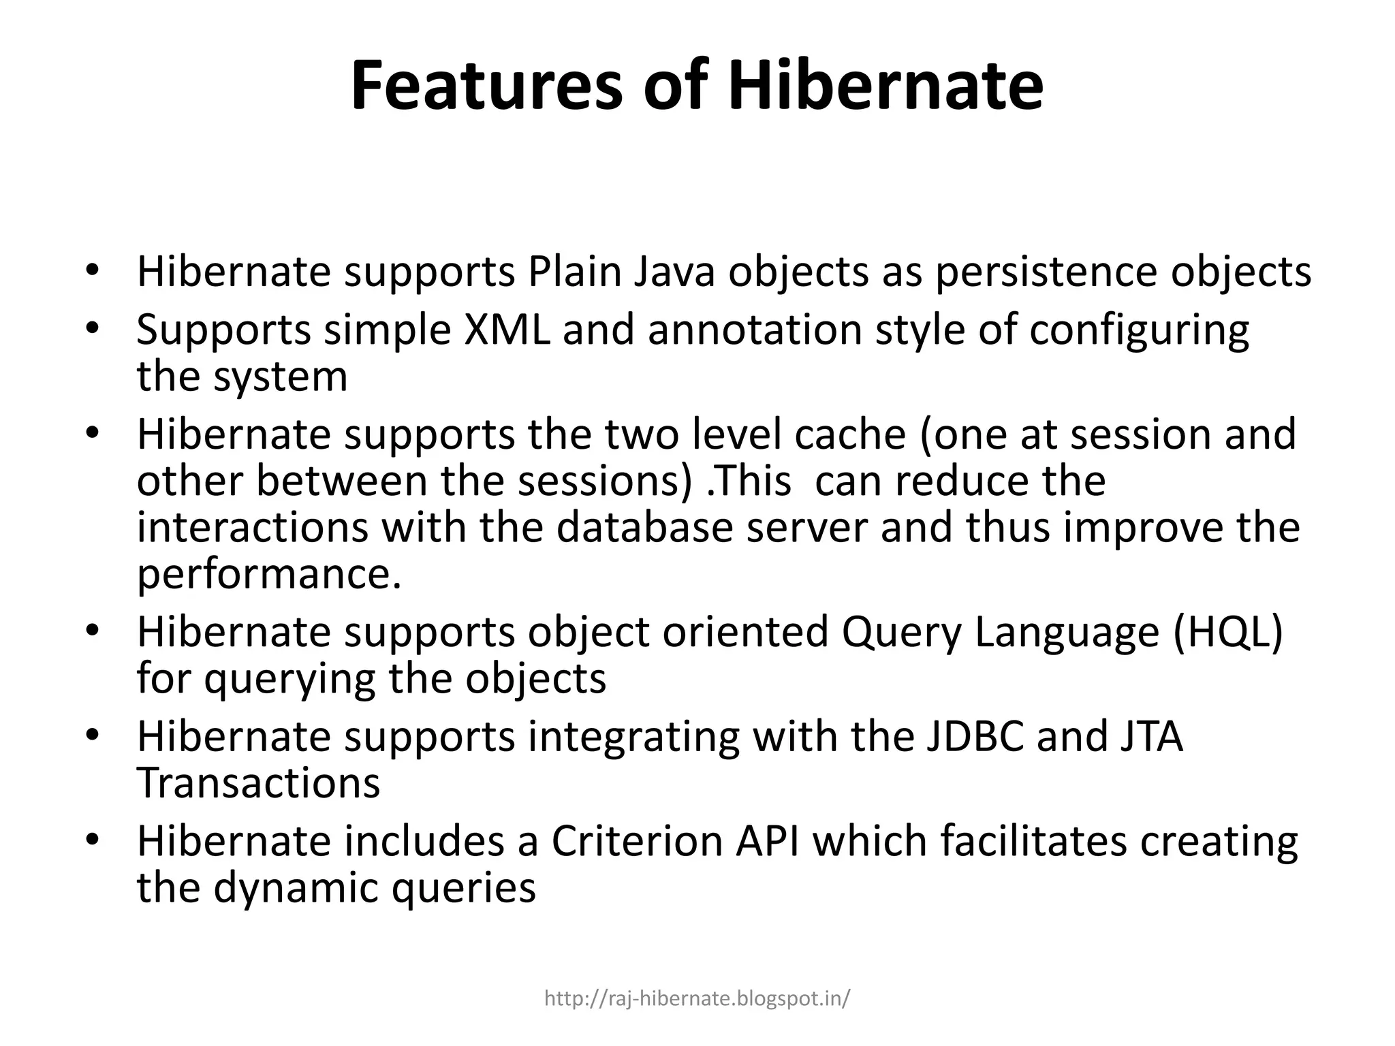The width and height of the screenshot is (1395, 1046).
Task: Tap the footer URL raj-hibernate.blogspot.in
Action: coord(697,999)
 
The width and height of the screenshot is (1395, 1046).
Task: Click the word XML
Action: coord(507,330)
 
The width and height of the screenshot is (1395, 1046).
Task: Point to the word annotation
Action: coord(755,330)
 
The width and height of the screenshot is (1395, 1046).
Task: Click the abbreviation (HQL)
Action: coord(1227,631)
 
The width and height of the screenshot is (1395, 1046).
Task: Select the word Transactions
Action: coord(258,782)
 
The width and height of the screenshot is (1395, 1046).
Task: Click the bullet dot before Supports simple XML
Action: coord(93,328)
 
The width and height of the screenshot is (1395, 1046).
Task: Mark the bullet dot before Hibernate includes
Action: coord(93,840)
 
